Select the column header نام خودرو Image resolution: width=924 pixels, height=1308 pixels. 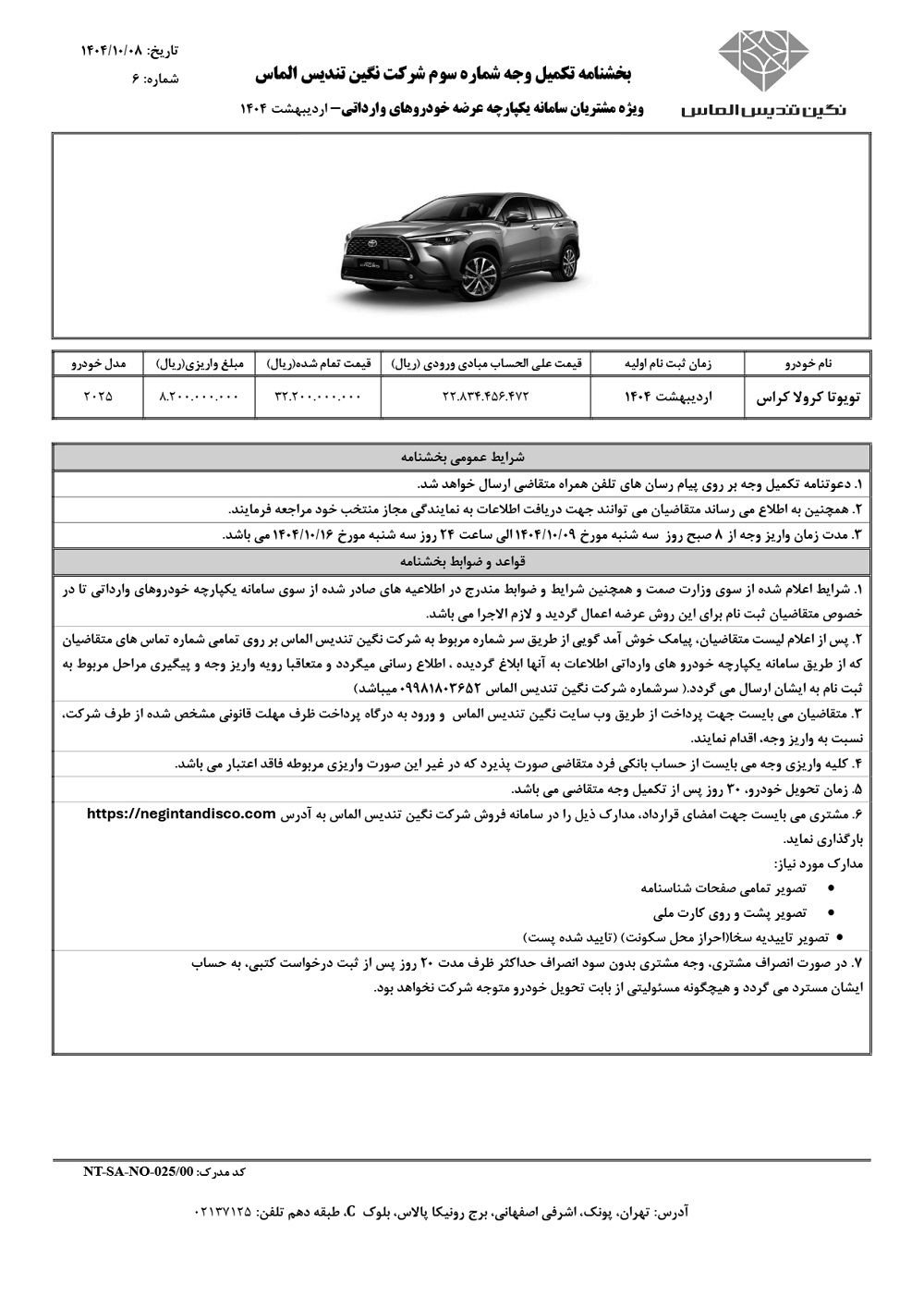[x=807, y=363]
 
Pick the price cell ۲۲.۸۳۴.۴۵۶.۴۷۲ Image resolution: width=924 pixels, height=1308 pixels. [x=484, y=397]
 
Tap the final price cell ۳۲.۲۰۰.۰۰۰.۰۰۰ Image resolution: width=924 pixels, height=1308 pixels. [x=318, y=397]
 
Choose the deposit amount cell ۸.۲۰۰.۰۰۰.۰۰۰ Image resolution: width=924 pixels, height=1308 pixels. [x=199, y=397]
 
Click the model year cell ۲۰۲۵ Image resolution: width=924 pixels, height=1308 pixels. [x=97, y=397]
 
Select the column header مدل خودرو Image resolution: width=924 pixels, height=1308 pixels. [x=97, y=363]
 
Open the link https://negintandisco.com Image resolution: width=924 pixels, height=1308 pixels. [x=181, y=813]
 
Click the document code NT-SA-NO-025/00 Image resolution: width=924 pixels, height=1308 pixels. [x=139, y=1170]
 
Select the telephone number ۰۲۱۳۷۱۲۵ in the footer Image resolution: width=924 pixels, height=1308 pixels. [x=223, y=1211]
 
